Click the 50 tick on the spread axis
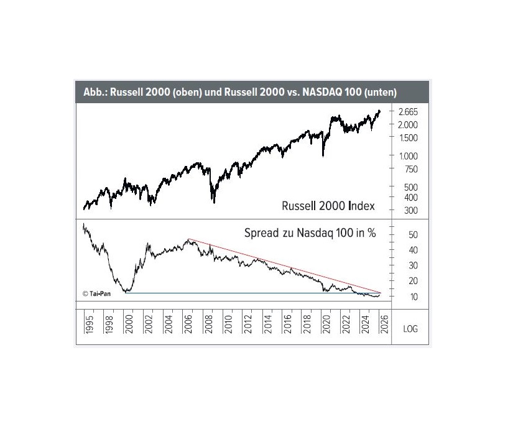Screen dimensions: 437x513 [412, 235]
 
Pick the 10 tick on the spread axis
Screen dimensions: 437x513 [412, 297]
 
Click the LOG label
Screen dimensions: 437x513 [410, 328]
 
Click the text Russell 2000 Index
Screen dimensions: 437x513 [328, 206]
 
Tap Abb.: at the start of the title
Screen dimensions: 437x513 [95, 92]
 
